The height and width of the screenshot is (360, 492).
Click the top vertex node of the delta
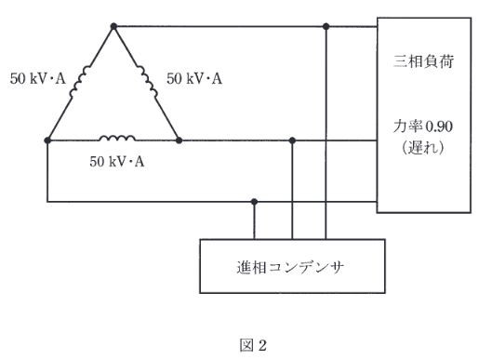(113, 27)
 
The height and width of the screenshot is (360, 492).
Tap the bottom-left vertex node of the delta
(47, 140)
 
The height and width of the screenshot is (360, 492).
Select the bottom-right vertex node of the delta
(178, 140)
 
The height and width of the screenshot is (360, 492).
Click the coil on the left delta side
(81, 81)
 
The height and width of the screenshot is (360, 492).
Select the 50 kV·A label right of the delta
(194, 79)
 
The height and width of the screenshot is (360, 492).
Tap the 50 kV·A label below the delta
(117, 161)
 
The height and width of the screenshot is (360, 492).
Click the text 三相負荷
(424, 64)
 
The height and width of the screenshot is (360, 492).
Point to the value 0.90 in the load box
(438, 128)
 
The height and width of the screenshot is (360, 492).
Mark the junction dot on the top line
(326, 27)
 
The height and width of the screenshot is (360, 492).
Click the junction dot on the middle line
(293, 140)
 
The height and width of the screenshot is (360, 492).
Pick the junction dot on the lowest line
(256, 201)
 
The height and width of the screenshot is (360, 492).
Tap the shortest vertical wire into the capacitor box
(256, 220)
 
